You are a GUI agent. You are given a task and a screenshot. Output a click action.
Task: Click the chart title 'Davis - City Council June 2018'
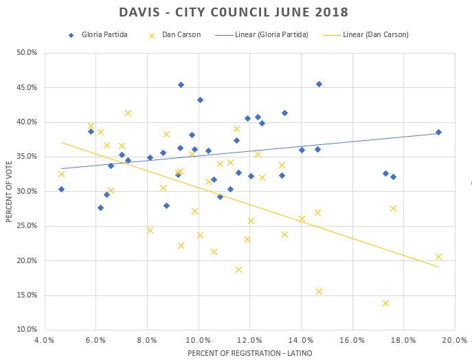coord(234,13)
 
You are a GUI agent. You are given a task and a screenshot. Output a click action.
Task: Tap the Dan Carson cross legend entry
coord(172,34)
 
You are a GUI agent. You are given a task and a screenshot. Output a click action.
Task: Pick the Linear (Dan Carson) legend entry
coord(370,34)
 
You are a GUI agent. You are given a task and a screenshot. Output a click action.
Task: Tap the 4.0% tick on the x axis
coord(44,339)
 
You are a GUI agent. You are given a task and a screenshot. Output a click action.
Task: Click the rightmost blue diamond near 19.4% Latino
coord(438,132)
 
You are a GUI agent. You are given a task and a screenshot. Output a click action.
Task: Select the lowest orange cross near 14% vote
coord(385,303)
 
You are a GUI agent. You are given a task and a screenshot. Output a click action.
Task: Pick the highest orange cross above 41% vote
coord(128,113)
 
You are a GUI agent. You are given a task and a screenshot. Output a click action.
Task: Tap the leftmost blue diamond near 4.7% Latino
coord(61,189)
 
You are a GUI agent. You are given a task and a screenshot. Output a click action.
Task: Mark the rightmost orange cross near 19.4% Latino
coord(438,257)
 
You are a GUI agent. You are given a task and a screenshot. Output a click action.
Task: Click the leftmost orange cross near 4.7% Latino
coord(61,174)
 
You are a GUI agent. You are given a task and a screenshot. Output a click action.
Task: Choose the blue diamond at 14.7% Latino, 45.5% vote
coord(319,84)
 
